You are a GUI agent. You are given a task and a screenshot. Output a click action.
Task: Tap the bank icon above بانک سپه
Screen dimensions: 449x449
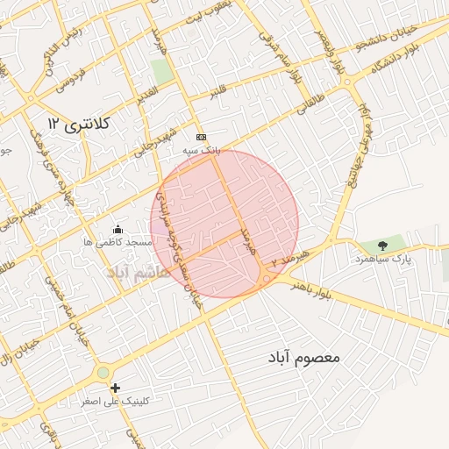[x=201, y=138]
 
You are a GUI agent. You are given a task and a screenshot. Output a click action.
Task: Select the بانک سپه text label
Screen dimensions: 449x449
[x=200, y=151]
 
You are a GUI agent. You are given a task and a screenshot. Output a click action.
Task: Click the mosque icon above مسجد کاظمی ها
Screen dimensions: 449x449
[x=118, y=230]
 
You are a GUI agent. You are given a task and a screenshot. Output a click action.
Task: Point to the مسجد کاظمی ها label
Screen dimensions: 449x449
[x=118, y=242]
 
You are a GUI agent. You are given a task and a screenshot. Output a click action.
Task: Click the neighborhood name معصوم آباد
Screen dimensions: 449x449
[x=304, y=359]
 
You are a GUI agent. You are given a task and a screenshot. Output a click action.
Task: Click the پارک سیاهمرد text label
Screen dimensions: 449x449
[x=383, y=260]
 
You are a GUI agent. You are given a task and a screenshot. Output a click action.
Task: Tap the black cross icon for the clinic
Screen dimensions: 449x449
[x=115, y=388]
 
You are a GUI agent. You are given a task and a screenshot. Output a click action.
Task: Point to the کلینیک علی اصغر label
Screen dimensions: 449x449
[x=115, y=401]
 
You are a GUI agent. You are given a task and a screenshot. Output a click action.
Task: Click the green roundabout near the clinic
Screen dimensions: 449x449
[x=103, y=374]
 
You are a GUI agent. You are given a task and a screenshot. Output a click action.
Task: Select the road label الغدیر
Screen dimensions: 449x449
[x=146, y=93]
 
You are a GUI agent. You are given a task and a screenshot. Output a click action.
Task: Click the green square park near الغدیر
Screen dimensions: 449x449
[x=161, y=71]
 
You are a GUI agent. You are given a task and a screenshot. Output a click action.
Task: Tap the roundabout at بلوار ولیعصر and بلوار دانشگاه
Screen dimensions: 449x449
[x=347, y=82]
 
